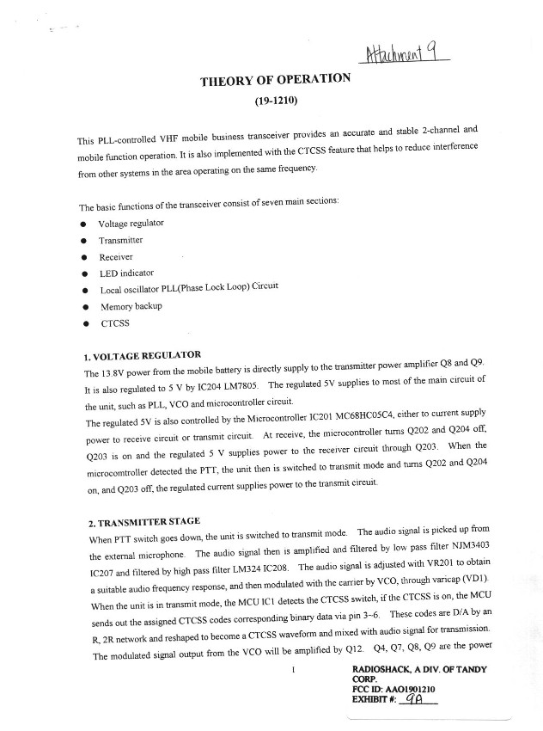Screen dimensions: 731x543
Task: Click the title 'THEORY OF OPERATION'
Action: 275,79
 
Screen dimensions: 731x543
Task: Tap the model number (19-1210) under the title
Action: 274,100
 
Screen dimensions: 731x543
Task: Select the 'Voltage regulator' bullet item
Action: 131,224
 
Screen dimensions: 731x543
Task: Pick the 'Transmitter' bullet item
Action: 120,241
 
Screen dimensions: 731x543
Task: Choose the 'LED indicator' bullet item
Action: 126,273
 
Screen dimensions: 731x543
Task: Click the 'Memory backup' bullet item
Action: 131,306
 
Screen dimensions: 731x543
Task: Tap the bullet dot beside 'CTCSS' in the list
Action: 82,324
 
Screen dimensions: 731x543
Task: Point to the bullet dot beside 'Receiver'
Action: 82,257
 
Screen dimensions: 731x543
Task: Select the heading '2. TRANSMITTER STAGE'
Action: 143,521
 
